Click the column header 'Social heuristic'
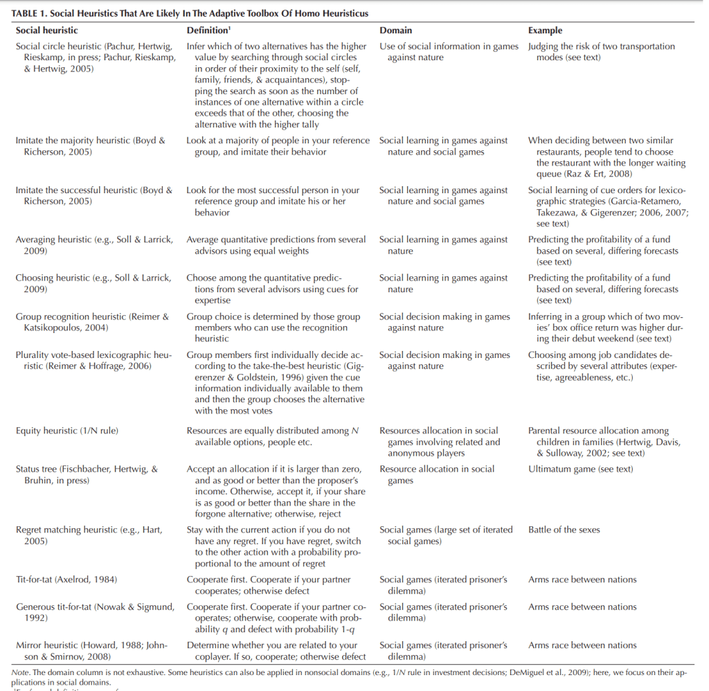click(46, 30)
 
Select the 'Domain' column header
click(395, 30)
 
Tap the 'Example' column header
click(545, 30)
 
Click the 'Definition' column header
click(207, 30)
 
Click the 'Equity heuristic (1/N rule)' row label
click(66, 431)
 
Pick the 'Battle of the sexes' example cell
click(564, 530)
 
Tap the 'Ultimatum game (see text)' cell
click(580, 469)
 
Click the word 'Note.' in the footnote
click(22, 672)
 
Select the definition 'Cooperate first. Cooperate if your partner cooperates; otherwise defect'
click(269, 585)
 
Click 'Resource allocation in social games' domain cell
click(436, 474)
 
